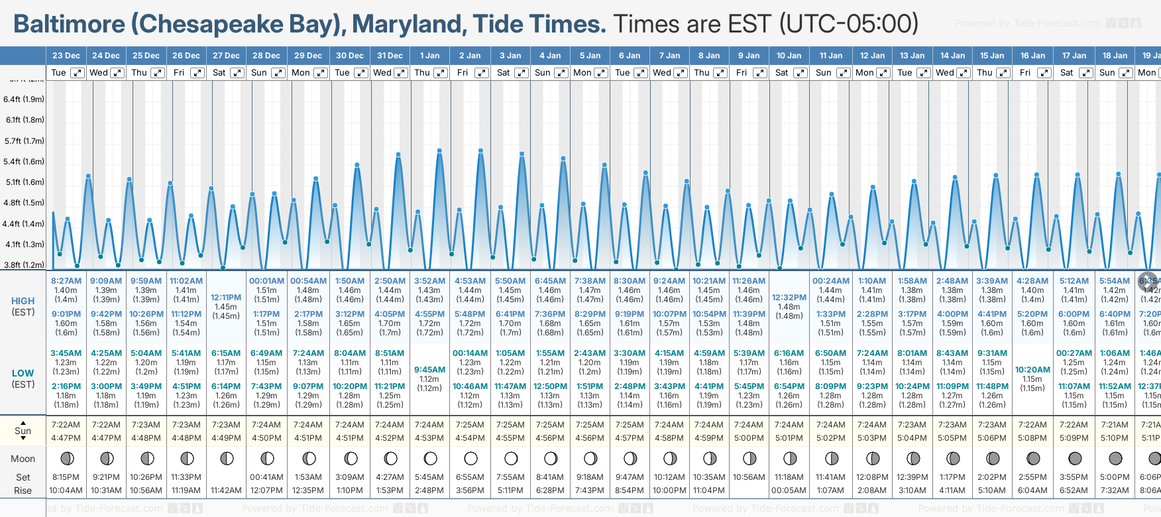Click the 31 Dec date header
390,56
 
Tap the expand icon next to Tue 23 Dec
78,73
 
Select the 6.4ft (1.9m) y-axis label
24,99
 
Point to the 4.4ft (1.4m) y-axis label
23,224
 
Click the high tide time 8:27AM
66,281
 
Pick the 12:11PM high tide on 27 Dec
226,298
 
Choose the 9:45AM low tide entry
429,370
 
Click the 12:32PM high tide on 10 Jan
789,298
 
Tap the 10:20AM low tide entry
1032,370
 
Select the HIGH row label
23,301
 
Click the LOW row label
23,373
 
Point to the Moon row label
23,459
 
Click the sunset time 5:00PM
749,438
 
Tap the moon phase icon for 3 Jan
511,458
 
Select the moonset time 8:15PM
66,477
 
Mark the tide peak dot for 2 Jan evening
480,151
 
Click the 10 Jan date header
789,56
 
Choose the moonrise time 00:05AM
789,490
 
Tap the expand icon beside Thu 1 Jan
440,73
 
